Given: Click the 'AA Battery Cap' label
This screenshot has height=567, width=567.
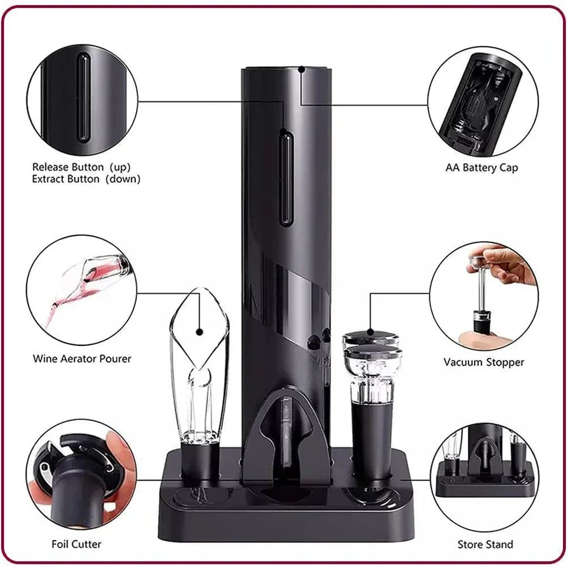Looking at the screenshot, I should coord(481,168).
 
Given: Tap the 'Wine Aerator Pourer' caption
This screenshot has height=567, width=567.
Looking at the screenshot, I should coord(82,358).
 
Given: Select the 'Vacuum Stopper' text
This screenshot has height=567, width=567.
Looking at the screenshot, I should coord(484,362).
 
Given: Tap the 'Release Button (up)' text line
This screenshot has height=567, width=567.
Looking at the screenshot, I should coord(81,167).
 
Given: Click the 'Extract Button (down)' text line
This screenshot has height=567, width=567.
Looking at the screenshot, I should coord(86,179).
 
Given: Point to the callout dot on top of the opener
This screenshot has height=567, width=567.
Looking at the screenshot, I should coord(301,70).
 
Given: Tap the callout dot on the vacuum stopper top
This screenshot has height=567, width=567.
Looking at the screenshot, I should coord(370,332).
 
